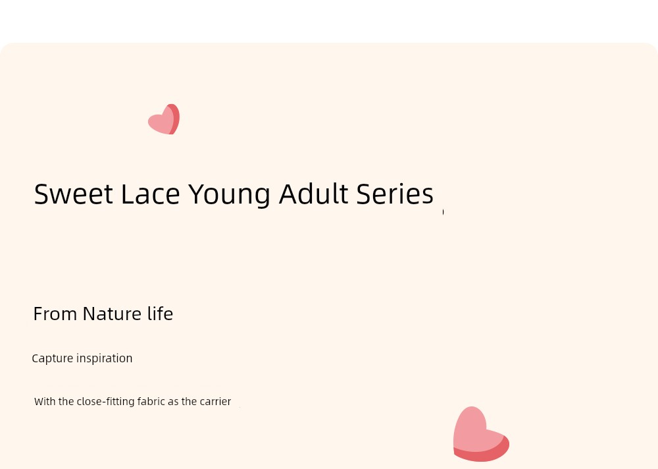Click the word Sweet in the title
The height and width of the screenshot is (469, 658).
74,194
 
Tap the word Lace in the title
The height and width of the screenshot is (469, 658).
151,194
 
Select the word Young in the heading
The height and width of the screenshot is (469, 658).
229,196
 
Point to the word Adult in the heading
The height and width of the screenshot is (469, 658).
313,194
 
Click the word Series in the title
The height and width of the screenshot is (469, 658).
395,194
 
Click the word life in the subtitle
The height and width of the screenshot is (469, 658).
161,314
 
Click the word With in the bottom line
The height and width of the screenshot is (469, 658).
45,401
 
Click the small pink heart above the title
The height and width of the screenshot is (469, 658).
164,119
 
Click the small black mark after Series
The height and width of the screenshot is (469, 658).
443,212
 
